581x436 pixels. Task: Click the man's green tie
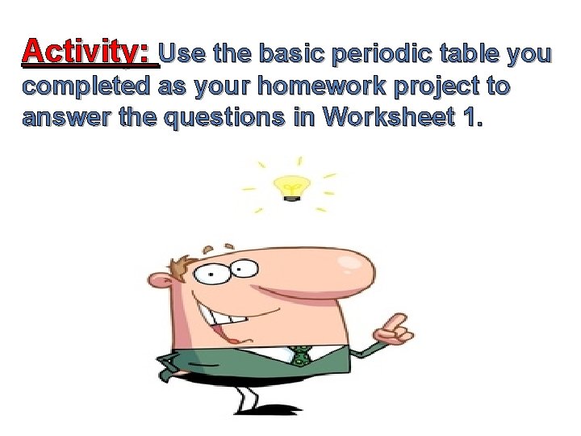tap(301, 354)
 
